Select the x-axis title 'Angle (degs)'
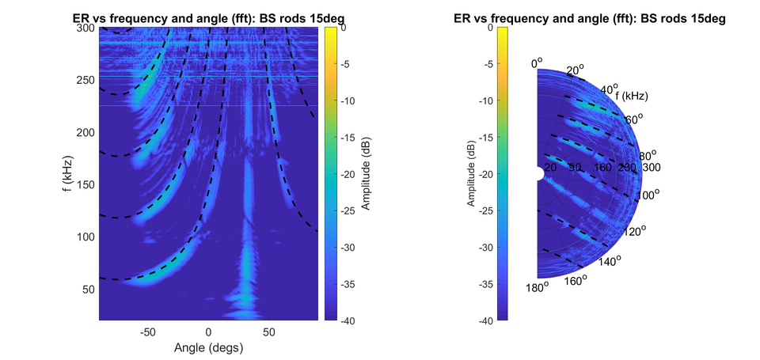(x=208, y=347)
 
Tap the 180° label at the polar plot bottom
(x=536, y=287)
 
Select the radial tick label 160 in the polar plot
(x=602, y=168)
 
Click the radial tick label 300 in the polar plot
(x=651, y=168)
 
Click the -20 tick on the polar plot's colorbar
(x=493, y=174)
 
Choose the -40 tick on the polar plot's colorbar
(x=493, y=320)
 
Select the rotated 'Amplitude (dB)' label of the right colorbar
(x=471, y=174)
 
